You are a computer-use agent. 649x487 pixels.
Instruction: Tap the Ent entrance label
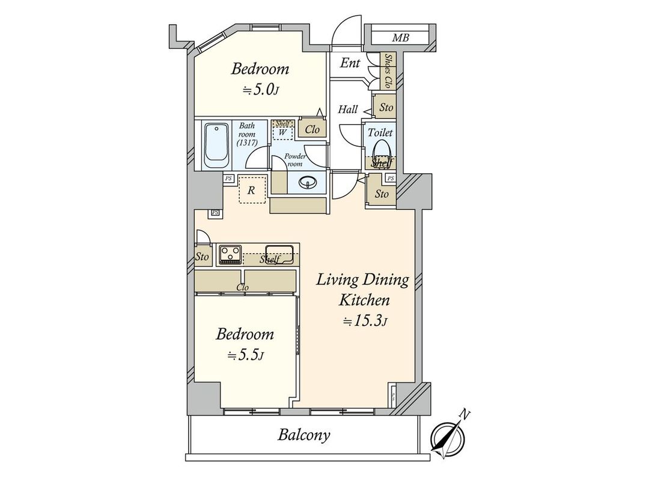[350, 63]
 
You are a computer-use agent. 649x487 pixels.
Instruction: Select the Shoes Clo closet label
[388, 72]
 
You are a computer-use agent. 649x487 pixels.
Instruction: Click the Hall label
[348, 109]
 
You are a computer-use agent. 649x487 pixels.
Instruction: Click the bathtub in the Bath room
[216, 146]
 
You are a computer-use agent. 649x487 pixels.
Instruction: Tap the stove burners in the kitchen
[230, 254]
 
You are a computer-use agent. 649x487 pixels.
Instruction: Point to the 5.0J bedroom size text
[261, 90]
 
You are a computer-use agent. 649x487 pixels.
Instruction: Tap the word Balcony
[303, 435]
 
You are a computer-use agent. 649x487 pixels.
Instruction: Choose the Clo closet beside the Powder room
[312, 129]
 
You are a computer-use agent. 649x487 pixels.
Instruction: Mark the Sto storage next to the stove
[203, 257]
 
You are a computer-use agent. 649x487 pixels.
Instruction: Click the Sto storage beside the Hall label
[386, 108]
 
